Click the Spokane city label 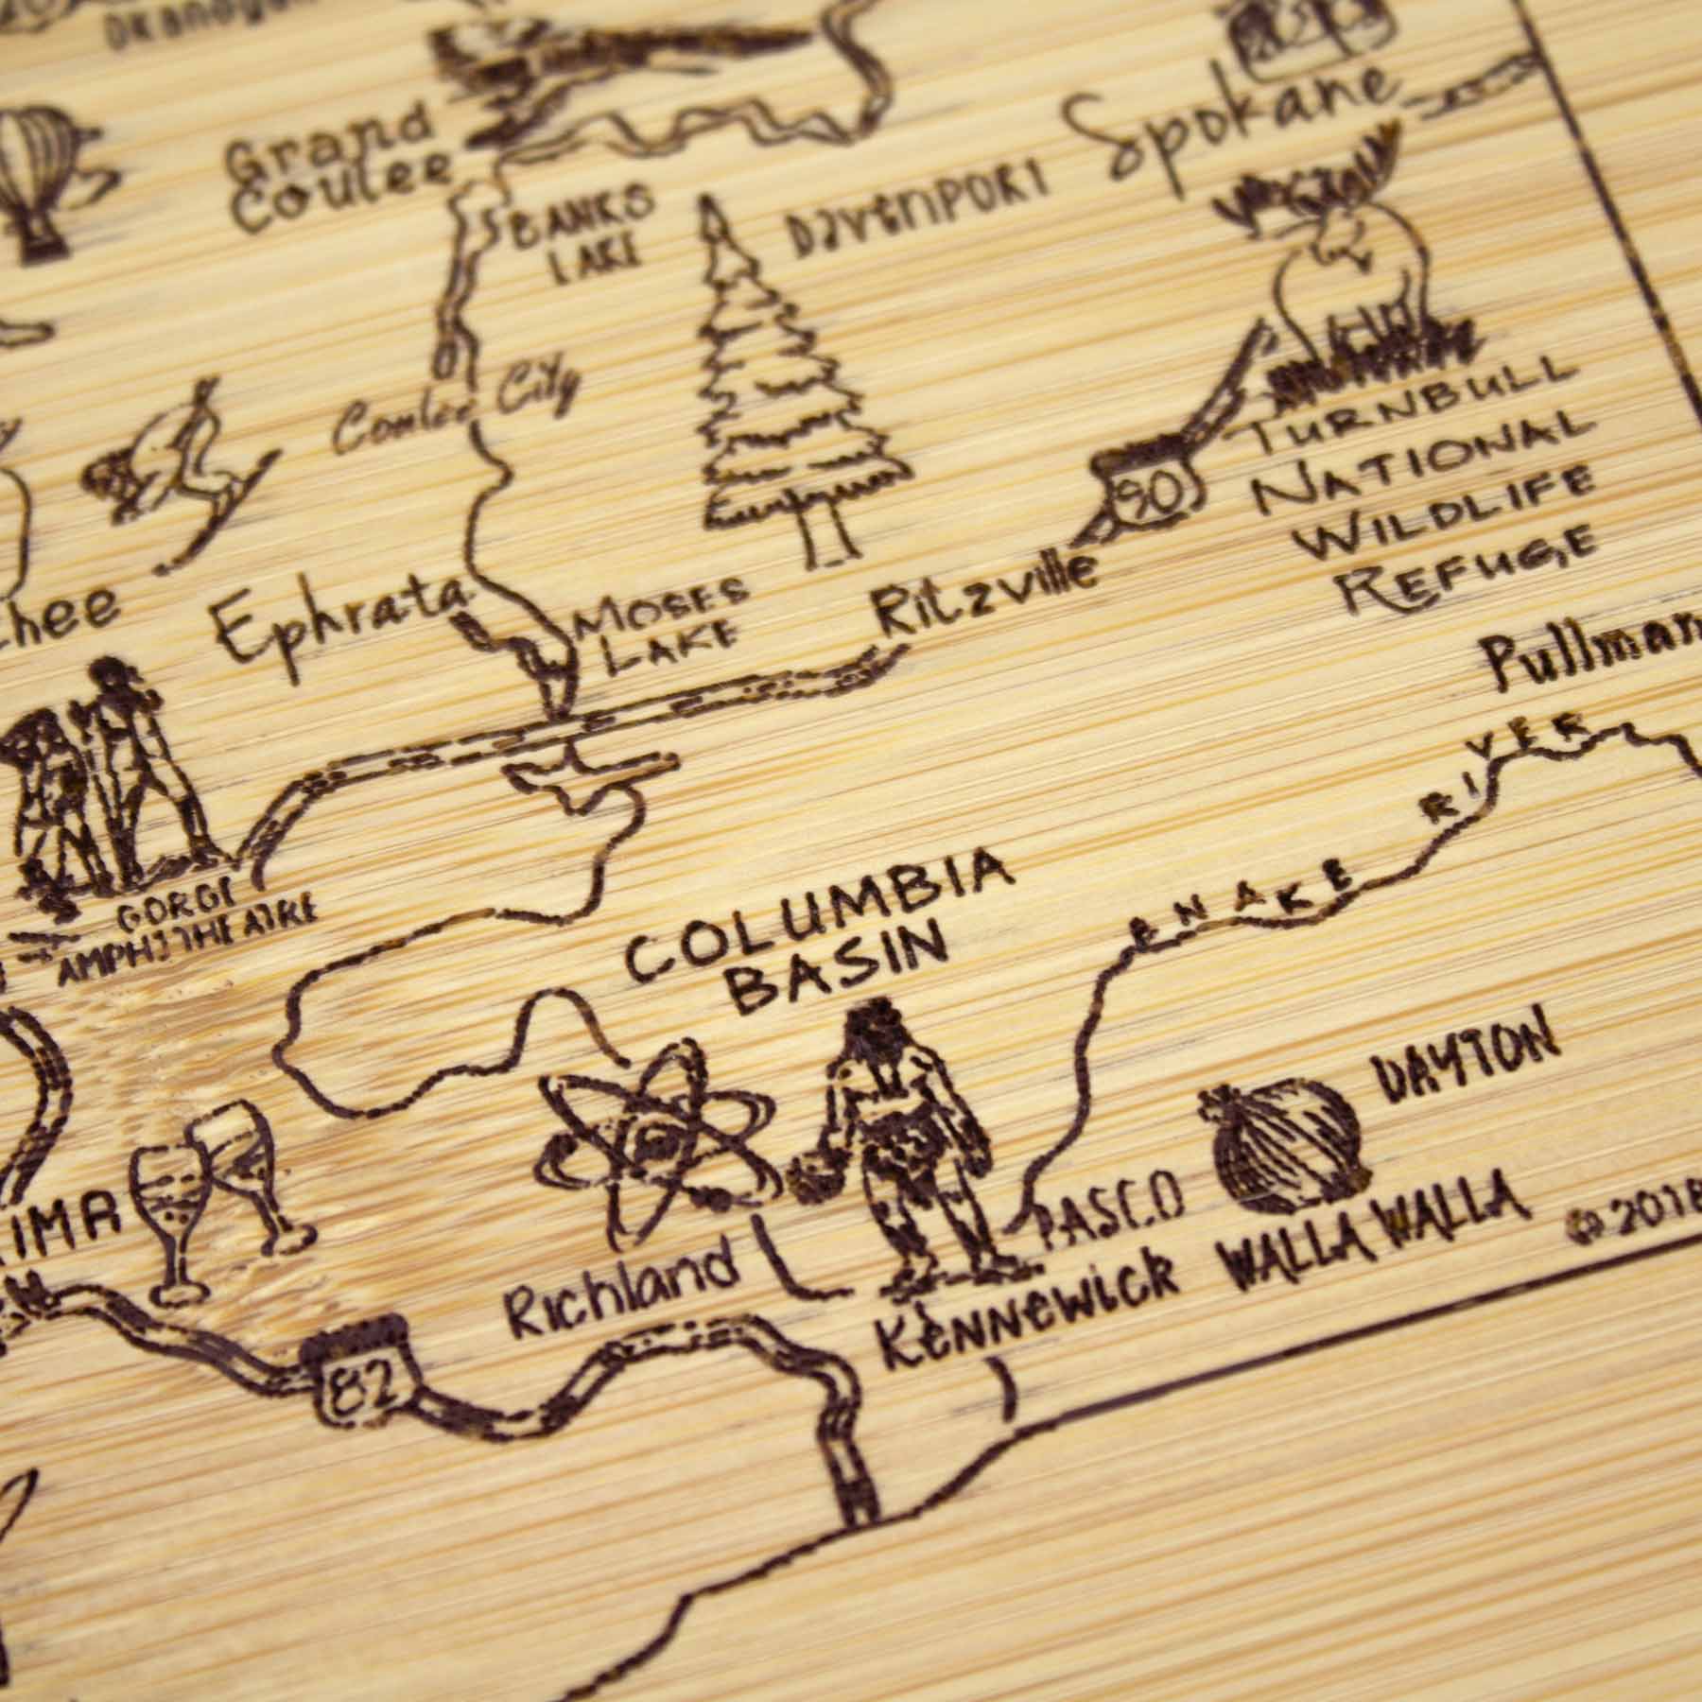(x=1229, y=132)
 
